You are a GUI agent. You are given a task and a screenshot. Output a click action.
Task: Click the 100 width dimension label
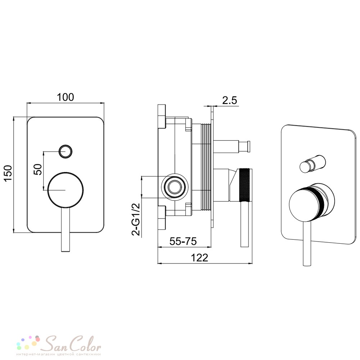pyautogui.click(x=66, y=97)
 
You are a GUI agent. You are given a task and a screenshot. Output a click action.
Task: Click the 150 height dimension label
pyautogui.click(x=8, y=173)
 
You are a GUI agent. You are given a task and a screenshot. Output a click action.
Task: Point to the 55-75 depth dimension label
pyautogui.click(x=183, y=241)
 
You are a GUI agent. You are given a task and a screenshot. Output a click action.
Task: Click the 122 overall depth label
pyautogui.click(x=199, y=258)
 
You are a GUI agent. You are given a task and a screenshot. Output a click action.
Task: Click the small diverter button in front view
pyautogui.click(x=66, y=151)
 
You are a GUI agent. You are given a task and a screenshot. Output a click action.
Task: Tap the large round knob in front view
pyautogui.click(x=66, y=190)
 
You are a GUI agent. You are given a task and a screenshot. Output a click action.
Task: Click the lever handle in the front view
pyautogui.click(x=66, y=230)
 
